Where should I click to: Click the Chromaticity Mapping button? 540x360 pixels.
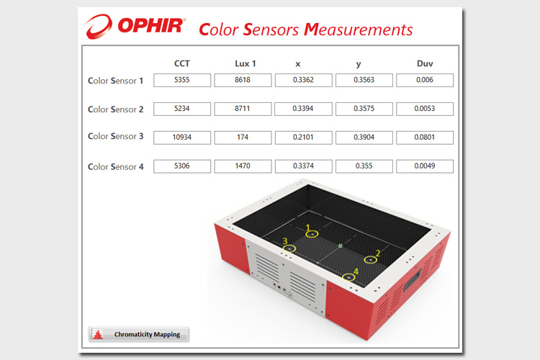click(138, 334)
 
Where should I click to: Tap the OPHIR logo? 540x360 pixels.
click(135, 26)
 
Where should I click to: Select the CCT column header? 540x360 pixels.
click(182, 63)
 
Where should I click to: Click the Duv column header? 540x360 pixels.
click(425, 63)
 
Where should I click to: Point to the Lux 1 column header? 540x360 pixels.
click(246, 63)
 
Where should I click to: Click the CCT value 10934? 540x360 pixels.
click(182, 137)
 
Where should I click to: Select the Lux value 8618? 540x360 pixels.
click(243, 80)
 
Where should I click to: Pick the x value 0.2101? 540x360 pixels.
click(303, 137)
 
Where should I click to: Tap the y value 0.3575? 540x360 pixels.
click(364, 109)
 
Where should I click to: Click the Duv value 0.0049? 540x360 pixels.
click(424, 166)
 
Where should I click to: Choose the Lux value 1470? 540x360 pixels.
click(243, 166)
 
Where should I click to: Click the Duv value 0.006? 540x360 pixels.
click(424, 80)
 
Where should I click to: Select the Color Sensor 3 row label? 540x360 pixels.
click(116, 136)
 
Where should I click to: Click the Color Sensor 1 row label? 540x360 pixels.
click(116, 81)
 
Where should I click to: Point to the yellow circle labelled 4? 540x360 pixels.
click(348, 281)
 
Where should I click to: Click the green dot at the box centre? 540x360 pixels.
click(341, 246)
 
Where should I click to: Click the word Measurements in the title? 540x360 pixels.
click(358, 30)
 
